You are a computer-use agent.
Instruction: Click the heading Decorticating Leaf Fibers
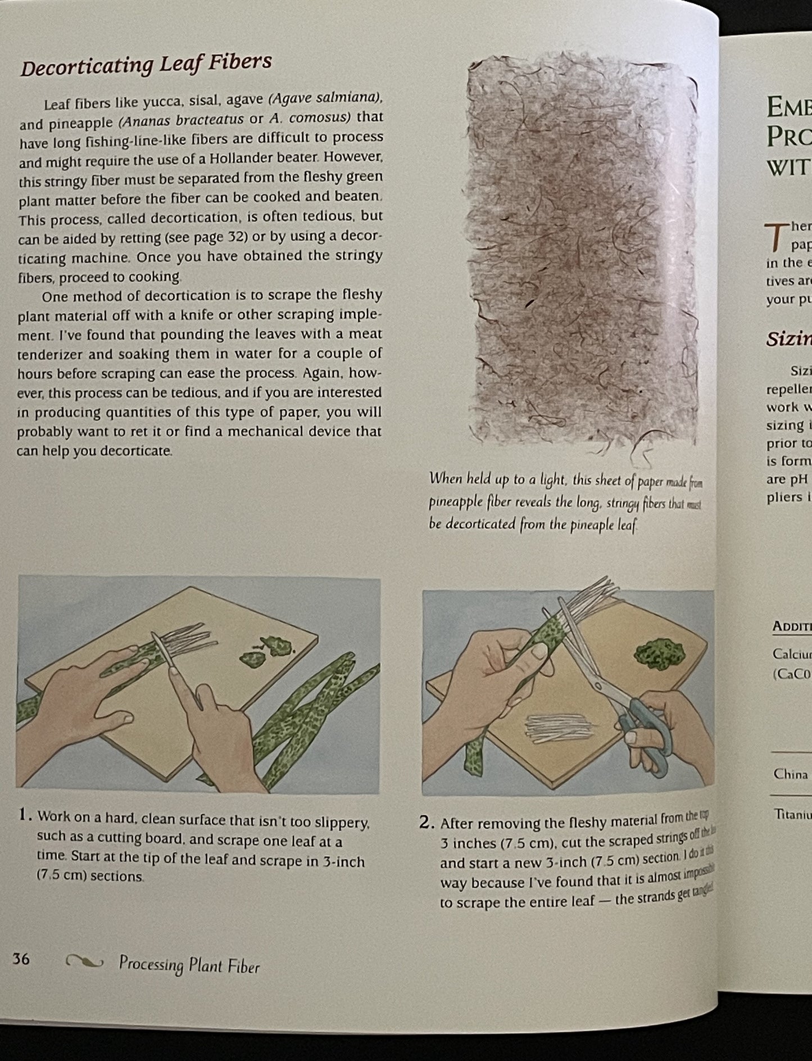(146, 65)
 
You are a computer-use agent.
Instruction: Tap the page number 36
(21, 959)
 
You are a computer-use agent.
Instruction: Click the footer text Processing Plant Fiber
(189, 965)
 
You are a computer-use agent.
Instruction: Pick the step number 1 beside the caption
(24, 815)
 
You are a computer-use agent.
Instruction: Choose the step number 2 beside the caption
(427, 823)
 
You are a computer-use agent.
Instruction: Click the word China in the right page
(790, 774)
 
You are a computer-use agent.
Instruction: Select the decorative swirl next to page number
(84, 962)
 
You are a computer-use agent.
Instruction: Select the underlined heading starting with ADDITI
(792, 626)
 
